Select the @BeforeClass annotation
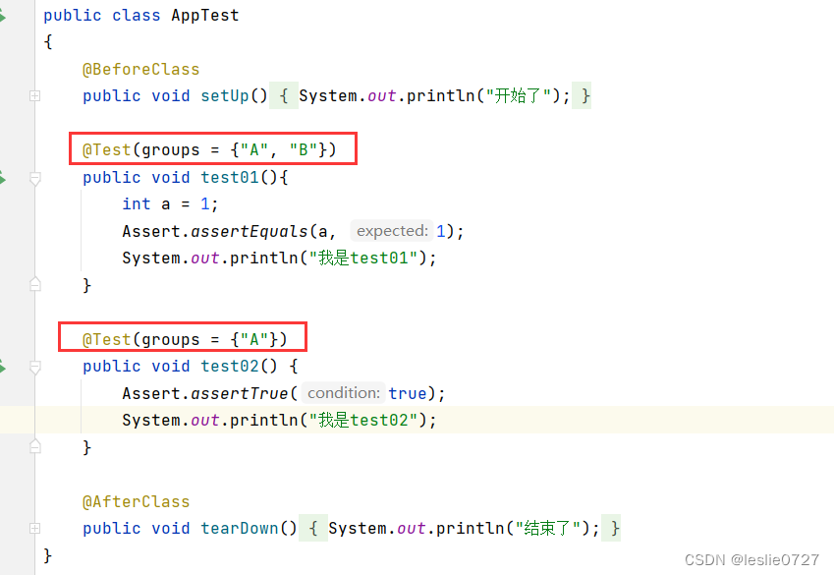point(140,70)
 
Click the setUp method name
point(225,96)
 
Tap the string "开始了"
point(518,96)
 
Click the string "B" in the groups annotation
point(304,150)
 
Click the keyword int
point(137,204)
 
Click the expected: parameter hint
point(392,231)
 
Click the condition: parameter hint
point(343,393)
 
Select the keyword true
point(408,393)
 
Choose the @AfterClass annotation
point(136,501)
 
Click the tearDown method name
point(240,529)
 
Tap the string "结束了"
point(547,529)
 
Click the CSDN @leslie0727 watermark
point(751,559)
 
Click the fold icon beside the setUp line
point(35,96)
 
